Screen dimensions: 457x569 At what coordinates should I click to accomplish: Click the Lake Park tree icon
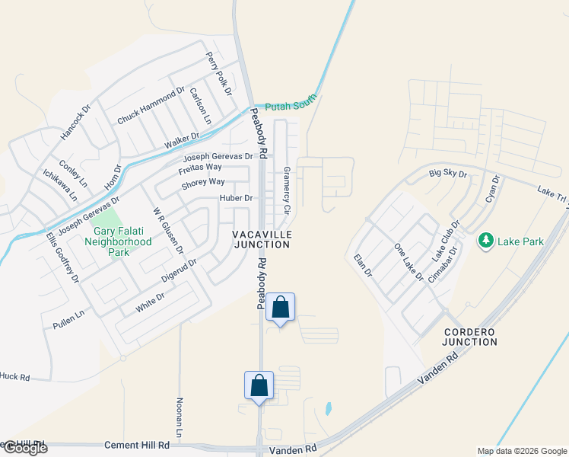[485, 241]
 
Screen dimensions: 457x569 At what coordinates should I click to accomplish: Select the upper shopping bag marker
[280, 308]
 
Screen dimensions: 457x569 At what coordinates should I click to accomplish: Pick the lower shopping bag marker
[259, 385]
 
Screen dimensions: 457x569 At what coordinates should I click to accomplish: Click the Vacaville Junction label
[262, 239]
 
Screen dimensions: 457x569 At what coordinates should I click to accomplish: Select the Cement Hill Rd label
[137, 445]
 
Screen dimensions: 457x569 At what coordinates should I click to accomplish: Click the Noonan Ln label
[180, 417]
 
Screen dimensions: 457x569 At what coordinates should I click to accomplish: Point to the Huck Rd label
[14, 376]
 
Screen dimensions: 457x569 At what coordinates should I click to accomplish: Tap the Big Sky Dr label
[447, 174]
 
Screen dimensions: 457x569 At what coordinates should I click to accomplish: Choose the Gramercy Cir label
[287, 190]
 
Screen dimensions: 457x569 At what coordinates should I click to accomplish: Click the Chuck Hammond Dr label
[151, 106]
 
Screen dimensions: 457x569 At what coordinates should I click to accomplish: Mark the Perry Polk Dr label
[218, 74]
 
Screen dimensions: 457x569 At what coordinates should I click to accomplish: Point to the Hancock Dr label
[75, 122]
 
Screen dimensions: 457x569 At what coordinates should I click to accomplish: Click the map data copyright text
[521, 451]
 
